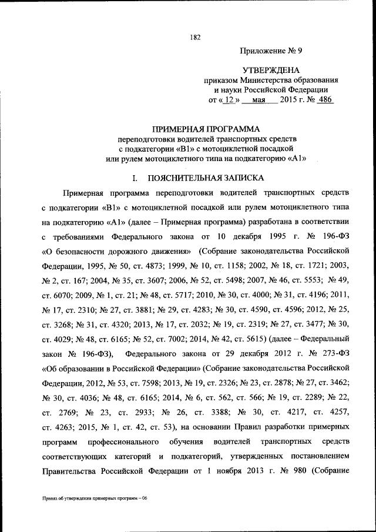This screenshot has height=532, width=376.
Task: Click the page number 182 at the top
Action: (x=196, y=38)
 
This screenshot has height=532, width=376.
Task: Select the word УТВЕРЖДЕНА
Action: (x=271, y=70)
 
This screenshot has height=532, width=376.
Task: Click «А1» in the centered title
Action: (x=297, y=158)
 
